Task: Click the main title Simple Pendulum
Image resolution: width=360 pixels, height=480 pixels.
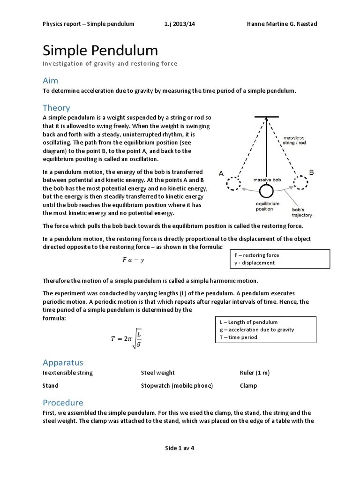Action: pyautogui.click(x=100, y=51)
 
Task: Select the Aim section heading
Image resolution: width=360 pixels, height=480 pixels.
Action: pyautogui.click(x=51, y=81)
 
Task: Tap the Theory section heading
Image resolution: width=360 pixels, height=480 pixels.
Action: pyautogui.click(x=56, y=108)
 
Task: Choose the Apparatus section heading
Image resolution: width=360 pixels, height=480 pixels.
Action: pyautogui.click(x=63, y=362)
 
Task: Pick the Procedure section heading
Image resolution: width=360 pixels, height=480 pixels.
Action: pyautogui.click(x=63, y=403)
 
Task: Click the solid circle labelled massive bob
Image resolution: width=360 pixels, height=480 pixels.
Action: pyautogui.click(x=267, y=191)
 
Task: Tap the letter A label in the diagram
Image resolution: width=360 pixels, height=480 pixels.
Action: pyautogui.click(x=221, y=173)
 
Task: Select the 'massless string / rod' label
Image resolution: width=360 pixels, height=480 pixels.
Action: pyautogui.click(x=295, y=140)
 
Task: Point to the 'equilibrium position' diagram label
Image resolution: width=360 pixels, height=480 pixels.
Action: pyautogui.click(x=268, y=206)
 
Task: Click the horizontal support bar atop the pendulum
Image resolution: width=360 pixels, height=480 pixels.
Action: pyautogui.click(x=267, y=117)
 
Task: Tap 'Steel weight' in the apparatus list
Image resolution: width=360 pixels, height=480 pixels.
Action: pyautogui.click(x=158, y=373)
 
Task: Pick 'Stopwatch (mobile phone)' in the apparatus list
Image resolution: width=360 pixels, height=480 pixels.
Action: pyautogui.click(x=177, y=386)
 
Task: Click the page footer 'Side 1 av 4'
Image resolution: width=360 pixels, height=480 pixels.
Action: pyautogui.click(x=180, y=448)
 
